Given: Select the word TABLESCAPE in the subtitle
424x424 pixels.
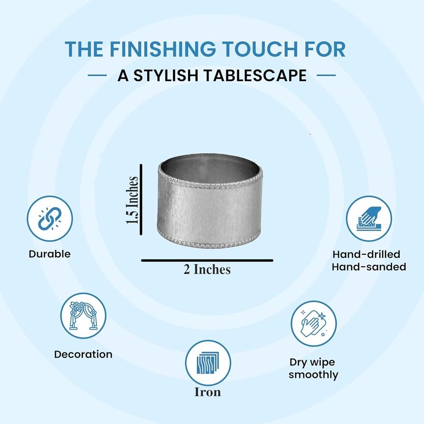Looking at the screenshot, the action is click(x=255, y=75).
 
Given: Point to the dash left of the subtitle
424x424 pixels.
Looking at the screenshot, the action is click(x=98, y=75).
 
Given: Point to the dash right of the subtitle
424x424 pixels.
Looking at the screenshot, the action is click(x=326, y=75).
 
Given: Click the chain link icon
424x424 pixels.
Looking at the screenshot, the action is click(x=50, y=218).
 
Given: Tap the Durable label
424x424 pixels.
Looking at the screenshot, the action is click(x=50, y=254).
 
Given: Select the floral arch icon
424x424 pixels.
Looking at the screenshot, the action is click(x=83, y=315).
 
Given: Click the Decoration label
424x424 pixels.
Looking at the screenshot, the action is click(x=83, y=354).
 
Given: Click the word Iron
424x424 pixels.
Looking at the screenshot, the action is click(x=208, y=392).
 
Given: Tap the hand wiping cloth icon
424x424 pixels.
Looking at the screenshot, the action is click(x=314, y=324).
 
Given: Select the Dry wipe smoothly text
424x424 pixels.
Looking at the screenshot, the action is click(x=313, y=368).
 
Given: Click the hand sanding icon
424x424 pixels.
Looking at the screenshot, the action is click(x=369, y=218).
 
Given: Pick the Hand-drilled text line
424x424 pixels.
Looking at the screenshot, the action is click(x=366, y=254).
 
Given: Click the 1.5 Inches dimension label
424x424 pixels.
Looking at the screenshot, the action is click(x=132, y=200).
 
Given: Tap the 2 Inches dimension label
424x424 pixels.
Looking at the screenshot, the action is click(x=207, y=269).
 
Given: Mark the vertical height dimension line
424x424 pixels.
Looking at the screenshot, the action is click(x=141, y=200).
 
